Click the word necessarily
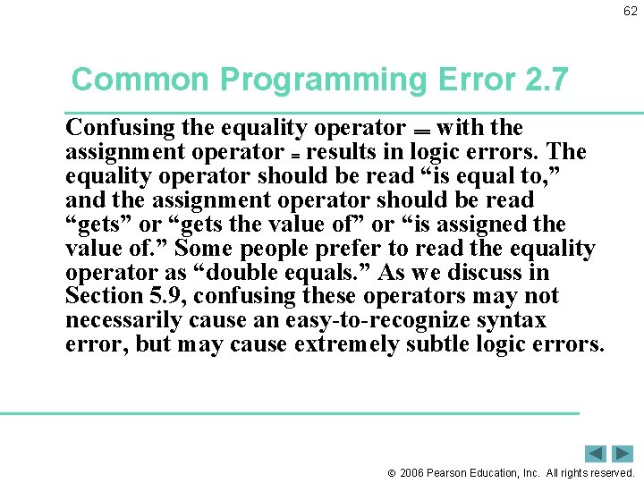click(x=123, y=320)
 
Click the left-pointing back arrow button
click(x=596, y=453)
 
